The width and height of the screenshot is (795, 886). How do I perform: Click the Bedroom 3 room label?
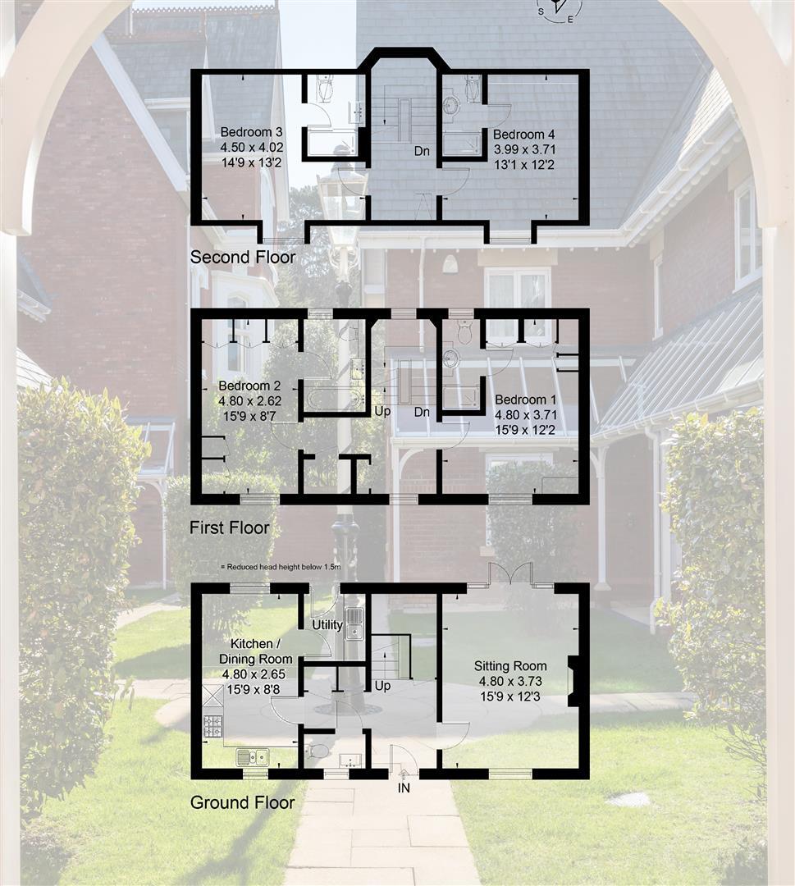240,132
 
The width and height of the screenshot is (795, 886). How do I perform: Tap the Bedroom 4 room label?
519,134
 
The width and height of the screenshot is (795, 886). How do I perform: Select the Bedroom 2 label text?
244,386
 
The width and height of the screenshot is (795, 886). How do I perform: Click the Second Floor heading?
243,257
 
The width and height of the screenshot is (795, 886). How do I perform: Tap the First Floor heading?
229,527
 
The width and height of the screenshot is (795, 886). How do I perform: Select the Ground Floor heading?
242,802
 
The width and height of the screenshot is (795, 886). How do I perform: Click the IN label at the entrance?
404,788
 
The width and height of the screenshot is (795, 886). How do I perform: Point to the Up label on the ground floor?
382,685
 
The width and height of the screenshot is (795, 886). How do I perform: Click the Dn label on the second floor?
422,151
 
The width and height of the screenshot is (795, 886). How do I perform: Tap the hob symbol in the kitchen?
213,725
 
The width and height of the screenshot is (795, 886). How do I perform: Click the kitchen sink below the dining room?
251,756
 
